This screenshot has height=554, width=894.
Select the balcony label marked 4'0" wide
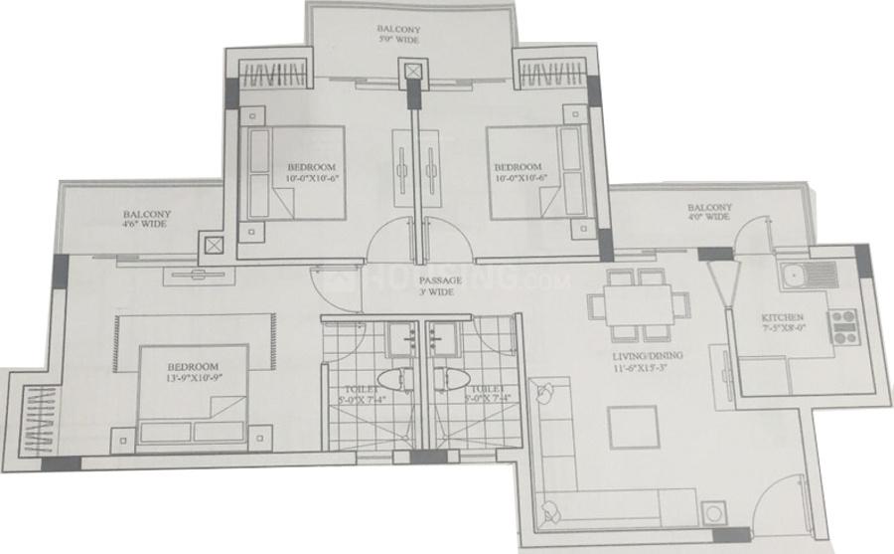[x=709, y=214]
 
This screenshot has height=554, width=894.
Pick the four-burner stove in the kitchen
[x=843, y=326]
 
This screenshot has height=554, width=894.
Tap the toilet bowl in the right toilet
[x=447, y=378]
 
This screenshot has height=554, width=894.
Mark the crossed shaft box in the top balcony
[x=411, y=72]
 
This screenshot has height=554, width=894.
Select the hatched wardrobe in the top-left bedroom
[x=271, y=75]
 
